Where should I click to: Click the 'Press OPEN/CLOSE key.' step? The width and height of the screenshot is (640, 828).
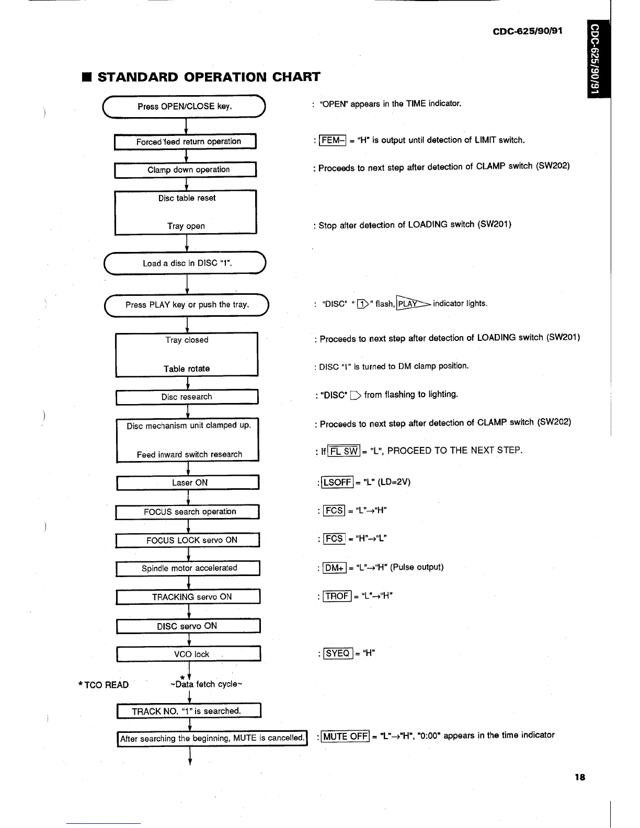coord(185,107)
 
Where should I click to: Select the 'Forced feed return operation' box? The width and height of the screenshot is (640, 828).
coord(185,142)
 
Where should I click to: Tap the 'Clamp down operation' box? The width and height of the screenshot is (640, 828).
coord(185,170)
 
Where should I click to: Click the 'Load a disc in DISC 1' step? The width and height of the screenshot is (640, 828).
coord(186,263)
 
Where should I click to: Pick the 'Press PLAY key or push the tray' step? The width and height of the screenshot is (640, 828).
coord(187,305)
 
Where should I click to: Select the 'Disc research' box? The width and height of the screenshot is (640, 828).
coord(187,397)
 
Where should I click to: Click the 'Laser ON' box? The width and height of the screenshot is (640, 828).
coord(188,482)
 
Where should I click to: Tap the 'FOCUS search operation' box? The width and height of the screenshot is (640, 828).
coord(188,512)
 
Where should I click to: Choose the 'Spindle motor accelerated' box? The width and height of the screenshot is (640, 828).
coord(188,568)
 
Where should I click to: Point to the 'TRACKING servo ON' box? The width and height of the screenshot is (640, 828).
coord(188,597)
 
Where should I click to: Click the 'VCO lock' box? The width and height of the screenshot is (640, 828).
coord(188,654)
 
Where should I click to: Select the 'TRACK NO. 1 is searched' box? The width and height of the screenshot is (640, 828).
coord(188,711)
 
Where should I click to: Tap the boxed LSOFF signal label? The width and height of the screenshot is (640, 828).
coord(337,482)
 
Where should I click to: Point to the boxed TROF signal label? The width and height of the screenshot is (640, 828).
coord(337,596)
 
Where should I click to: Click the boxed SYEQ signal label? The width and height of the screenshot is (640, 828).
coord(338,653)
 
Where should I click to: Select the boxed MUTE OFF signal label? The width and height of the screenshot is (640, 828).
coord(345,737)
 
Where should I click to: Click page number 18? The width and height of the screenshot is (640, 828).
coord(579,777)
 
